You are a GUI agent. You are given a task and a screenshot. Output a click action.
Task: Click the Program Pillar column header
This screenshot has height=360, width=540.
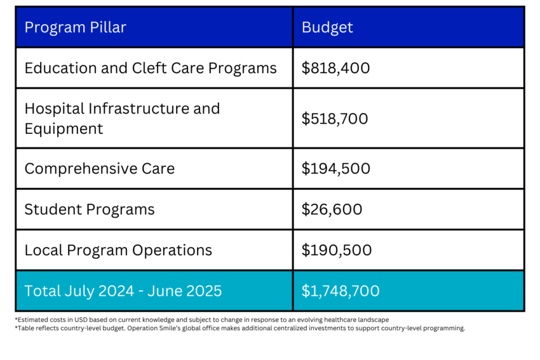point(75,27)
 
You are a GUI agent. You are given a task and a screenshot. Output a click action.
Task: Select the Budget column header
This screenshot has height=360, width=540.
point(327,27)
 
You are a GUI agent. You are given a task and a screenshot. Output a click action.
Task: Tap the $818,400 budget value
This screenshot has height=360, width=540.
point(335,68)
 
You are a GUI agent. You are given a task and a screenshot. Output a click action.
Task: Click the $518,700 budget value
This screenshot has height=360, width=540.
point(335,119)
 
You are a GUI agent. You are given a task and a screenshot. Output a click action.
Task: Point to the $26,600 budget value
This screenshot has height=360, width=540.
point(332,210)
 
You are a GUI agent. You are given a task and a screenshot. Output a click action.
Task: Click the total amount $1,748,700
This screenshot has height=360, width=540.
point(341,291)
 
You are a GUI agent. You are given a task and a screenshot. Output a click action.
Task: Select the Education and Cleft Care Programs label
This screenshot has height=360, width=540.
point(151,68)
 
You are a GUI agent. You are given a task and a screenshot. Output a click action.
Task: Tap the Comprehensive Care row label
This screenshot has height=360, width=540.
point(99,169)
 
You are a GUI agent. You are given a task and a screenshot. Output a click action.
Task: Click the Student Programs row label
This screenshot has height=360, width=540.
point(90,210)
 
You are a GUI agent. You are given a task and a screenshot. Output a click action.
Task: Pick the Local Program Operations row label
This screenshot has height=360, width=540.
point(118,250)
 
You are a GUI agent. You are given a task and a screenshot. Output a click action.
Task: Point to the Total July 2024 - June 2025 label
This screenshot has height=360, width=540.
point(123,291)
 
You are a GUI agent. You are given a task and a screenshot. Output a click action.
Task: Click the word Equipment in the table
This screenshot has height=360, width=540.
point(64,129)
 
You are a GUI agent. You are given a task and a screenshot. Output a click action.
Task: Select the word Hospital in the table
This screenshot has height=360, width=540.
point(53,109)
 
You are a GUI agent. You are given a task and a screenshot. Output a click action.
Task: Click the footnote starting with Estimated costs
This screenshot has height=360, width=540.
point(201,319)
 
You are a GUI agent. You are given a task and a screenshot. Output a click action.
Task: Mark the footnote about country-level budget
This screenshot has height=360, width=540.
point(240,328)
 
